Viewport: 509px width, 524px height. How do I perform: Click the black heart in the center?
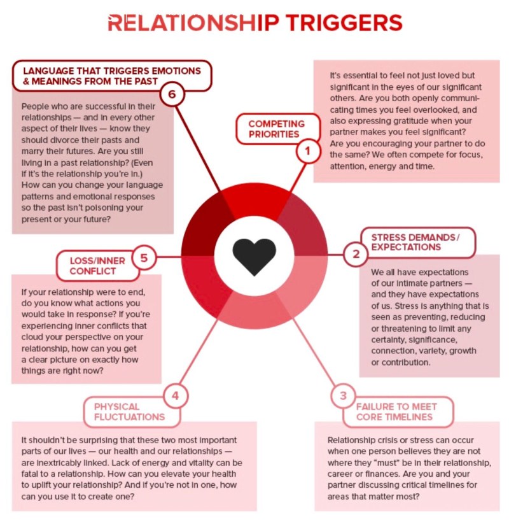point(254,256)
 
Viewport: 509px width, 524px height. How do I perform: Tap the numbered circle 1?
point(308,151)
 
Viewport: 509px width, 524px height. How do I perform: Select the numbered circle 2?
point(356,255)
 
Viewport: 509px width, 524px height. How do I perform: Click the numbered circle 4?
point(176,396)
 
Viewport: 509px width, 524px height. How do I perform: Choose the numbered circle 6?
point(172,96)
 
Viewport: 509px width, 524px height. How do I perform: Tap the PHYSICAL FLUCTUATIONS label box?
point(127,411)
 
